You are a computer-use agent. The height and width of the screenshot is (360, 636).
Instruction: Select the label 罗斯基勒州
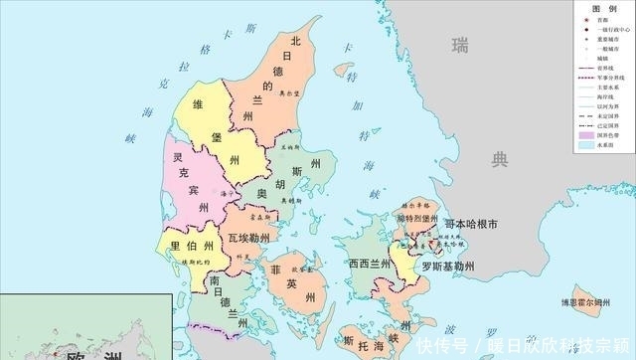447,267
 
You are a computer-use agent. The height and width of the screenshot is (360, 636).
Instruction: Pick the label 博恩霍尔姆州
591,299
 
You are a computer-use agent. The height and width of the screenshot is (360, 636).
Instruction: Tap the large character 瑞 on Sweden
459,45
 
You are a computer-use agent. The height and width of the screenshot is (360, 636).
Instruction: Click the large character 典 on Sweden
500,158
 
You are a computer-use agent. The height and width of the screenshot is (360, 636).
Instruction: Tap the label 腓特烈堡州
416,218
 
